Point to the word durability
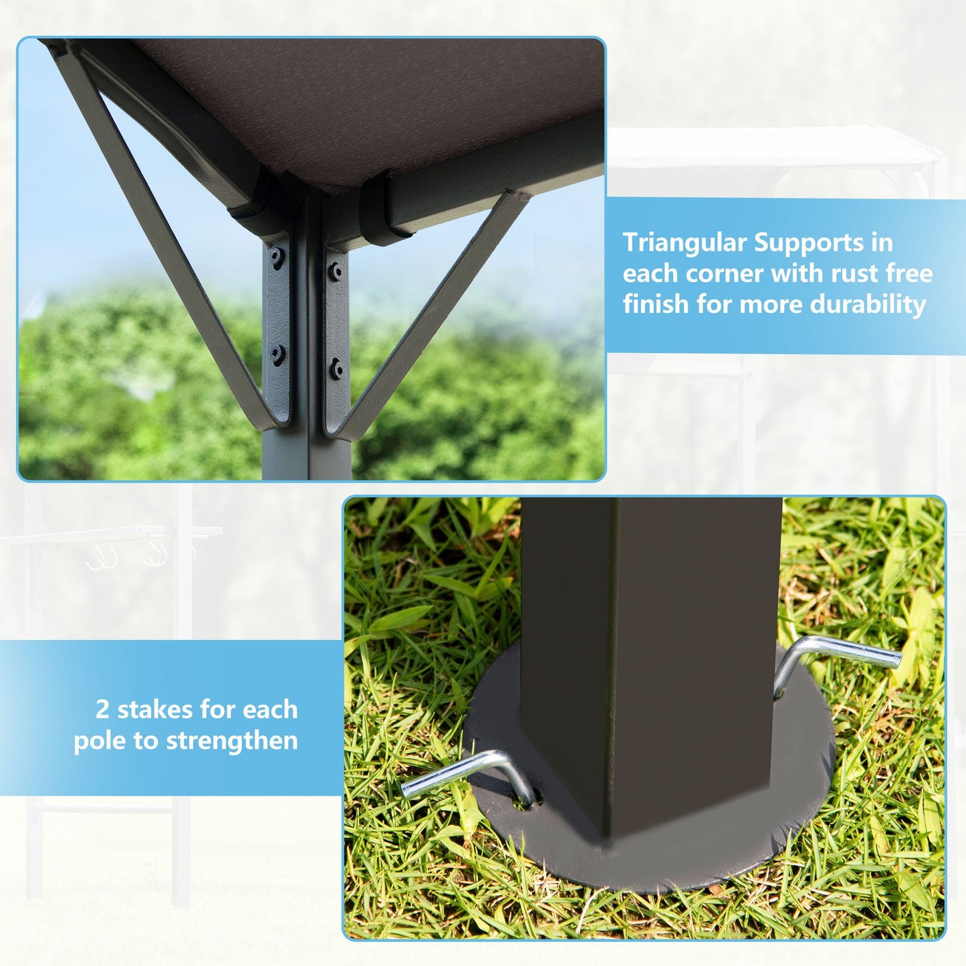[x=868, y=304]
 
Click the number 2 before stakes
[x=102, y=709]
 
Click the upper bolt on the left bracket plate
[x=276, y=255]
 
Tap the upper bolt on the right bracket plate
[x=336, y=270]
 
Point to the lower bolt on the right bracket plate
[x=337, y=368]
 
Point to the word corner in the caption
[x=724, y=273]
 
